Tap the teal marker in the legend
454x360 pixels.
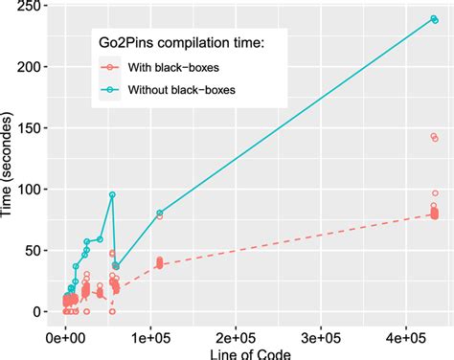[x=114, y=90]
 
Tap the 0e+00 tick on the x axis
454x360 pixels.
[x=65, y=338]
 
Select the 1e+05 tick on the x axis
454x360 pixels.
[x=149, y=338]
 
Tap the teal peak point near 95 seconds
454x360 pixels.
[x=112, y=195]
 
